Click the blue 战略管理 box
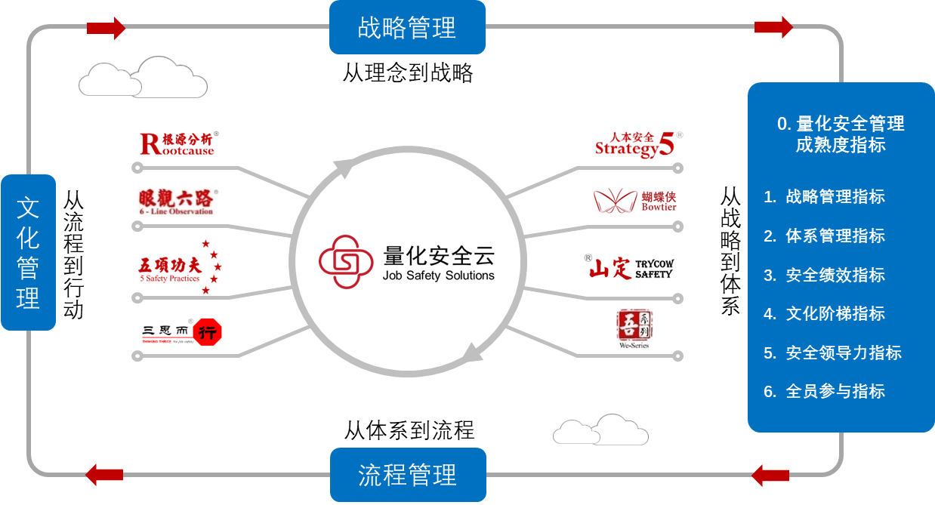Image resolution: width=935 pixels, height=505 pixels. (407, 27)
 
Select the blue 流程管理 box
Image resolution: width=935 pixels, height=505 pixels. (407, 475)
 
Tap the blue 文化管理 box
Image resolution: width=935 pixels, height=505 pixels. (28, 252)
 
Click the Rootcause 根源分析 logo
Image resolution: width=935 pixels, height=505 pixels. (179, 143)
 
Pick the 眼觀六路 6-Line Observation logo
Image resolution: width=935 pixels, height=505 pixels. (177, 202)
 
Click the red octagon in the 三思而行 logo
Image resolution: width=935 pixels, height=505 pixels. (208, 332)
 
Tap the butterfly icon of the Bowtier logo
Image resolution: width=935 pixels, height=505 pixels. (616, 200)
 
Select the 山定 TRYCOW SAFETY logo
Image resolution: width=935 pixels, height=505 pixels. (631, 267)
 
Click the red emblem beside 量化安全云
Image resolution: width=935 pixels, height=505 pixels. (347, 261)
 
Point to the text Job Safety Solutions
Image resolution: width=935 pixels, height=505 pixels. (438, 276)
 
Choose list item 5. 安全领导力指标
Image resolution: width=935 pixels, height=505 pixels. (832, 353)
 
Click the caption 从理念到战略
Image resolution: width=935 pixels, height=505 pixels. (408, 73)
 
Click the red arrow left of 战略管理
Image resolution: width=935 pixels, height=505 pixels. (106, 28)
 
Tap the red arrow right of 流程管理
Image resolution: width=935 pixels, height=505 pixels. (770, 476)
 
